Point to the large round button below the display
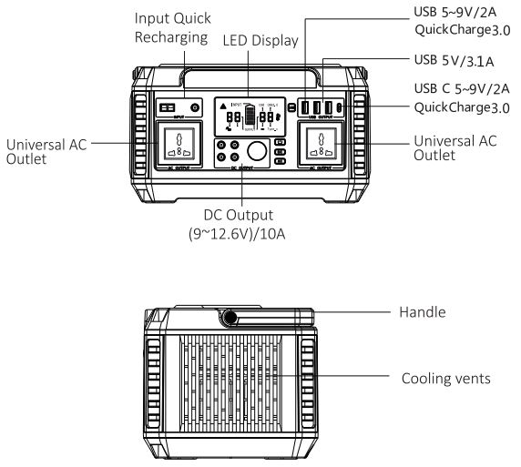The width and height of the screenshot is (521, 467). [x=258, y=150]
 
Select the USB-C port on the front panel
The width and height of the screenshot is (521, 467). [x=340, y=107]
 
